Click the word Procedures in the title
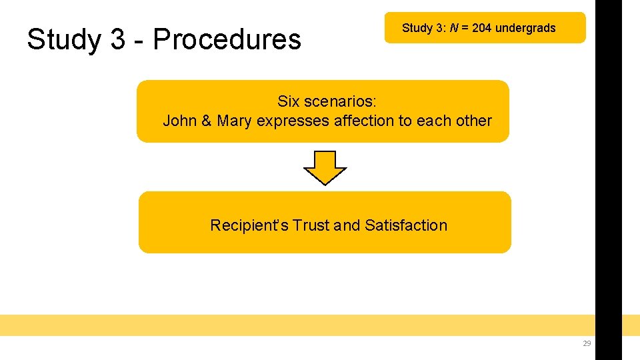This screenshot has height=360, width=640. (227, 40)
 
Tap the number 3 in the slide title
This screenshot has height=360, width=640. (117, 40)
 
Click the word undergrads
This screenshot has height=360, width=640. (525, 28)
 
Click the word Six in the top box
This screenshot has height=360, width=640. (289, 102)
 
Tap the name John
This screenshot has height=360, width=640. (179, 121)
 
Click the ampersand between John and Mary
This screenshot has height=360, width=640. (206, 121)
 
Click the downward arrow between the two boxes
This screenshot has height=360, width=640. (325, 167)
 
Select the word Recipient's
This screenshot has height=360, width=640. (249, 225)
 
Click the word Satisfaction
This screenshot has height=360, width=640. (406, 225)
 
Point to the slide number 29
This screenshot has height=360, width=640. (587, 343)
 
